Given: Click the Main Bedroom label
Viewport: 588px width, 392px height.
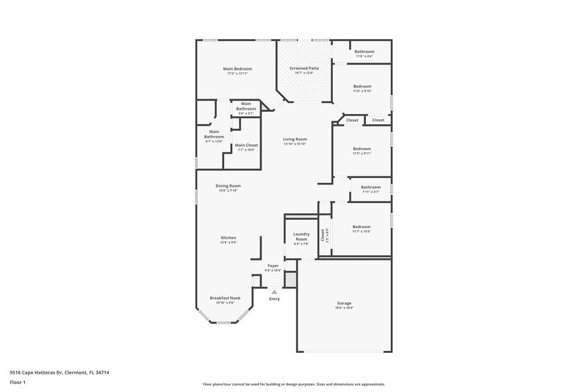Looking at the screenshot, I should (x=237, y=69).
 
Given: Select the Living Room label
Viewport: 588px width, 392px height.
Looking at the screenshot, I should (x=295, y=139).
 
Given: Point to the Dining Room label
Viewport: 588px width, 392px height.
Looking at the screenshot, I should (x=228, y=186).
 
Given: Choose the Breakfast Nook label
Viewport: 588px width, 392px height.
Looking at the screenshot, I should (x=225, y=298).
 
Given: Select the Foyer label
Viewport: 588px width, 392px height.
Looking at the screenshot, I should (x=273, y=266).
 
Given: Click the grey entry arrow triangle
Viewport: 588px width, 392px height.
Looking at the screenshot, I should (x=274, y=292).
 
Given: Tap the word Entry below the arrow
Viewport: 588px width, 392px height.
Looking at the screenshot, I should (x=274, y=299).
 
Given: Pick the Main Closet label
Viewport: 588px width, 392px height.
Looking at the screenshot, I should (x=246, y=145).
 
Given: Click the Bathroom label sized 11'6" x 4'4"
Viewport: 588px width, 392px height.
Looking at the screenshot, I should (x=364, y=51).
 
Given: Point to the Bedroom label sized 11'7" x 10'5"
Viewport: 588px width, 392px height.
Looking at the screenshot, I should (x=362, y=227).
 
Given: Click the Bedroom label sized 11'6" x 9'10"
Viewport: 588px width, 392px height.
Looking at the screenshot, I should (x=362, y=87).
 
